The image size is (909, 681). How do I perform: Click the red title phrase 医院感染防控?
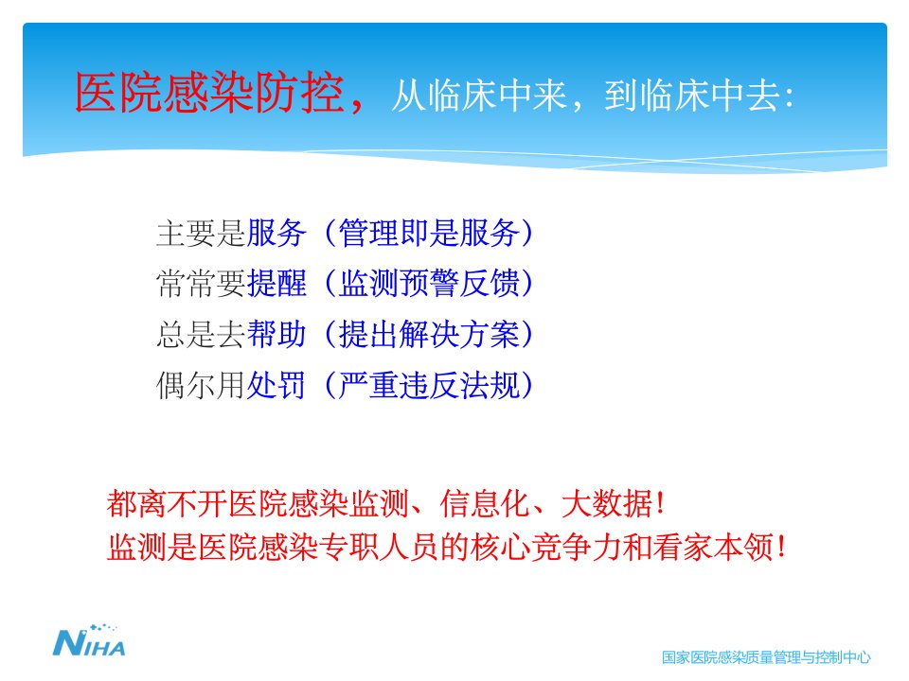(209, 93)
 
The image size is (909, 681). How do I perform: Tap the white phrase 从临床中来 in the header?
(479, 96)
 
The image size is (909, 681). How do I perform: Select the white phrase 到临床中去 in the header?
(691, 96)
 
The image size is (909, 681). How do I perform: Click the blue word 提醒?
(276, 284)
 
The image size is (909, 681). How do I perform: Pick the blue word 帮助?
(276, 335)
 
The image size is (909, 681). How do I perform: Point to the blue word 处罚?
(276, 386)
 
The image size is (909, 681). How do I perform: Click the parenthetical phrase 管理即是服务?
(429, 233)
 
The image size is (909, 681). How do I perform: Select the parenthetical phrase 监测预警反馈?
(429, 284)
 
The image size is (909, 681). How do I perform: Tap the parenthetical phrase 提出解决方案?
(429, 335)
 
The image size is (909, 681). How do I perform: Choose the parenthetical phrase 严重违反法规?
(429, 386)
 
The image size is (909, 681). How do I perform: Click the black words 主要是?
(201, 233)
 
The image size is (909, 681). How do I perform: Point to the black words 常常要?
(201, 284)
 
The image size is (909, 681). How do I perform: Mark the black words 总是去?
(201, 335)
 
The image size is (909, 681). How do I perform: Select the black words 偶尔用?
(201, 386)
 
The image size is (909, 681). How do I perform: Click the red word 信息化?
(485, 502)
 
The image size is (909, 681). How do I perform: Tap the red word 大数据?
(607, 502)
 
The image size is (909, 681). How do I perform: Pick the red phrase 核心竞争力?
(546, 547)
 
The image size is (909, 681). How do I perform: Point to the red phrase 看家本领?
(712, 547)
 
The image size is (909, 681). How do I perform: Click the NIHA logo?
(89, 640)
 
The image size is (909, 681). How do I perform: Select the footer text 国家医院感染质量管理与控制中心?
(766, 657)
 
